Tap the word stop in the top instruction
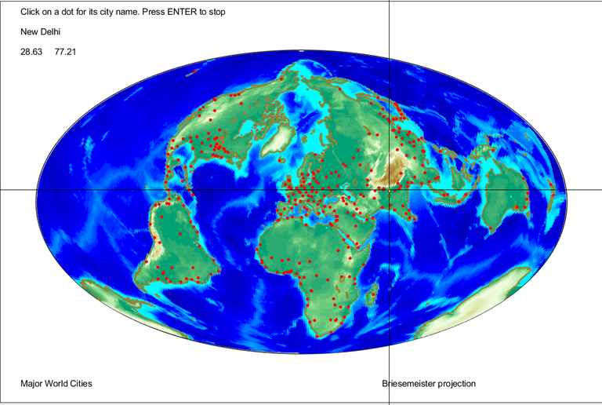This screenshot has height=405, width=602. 217,13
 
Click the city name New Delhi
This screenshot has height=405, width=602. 41,32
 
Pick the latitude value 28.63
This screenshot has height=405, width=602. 31,52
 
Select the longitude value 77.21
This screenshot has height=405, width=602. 65,52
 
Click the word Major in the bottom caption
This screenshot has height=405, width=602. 32,384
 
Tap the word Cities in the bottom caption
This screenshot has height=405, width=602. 80,384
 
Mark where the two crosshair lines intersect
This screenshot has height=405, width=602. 390,190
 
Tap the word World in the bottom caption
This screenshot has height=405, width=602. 56,384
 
